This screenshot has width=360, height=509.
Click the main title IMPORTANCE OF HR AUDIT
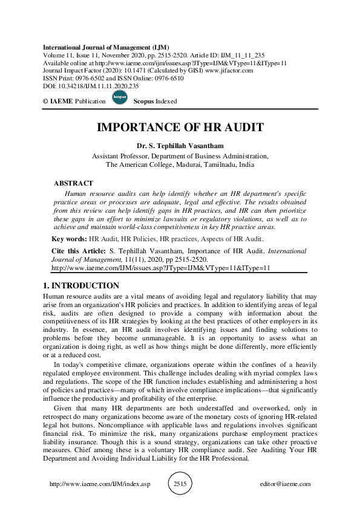(x=180, y=128)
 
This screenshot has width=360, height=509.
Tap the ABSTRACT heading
(x=73, y=183)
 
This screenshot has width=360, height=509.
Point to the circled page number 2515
(x=180, y=484)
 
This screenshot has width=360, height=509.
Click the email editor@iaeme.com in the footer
(x=284, y=484)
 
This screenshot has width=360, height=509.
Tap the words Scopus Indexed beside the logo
(x=155, y=101)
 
